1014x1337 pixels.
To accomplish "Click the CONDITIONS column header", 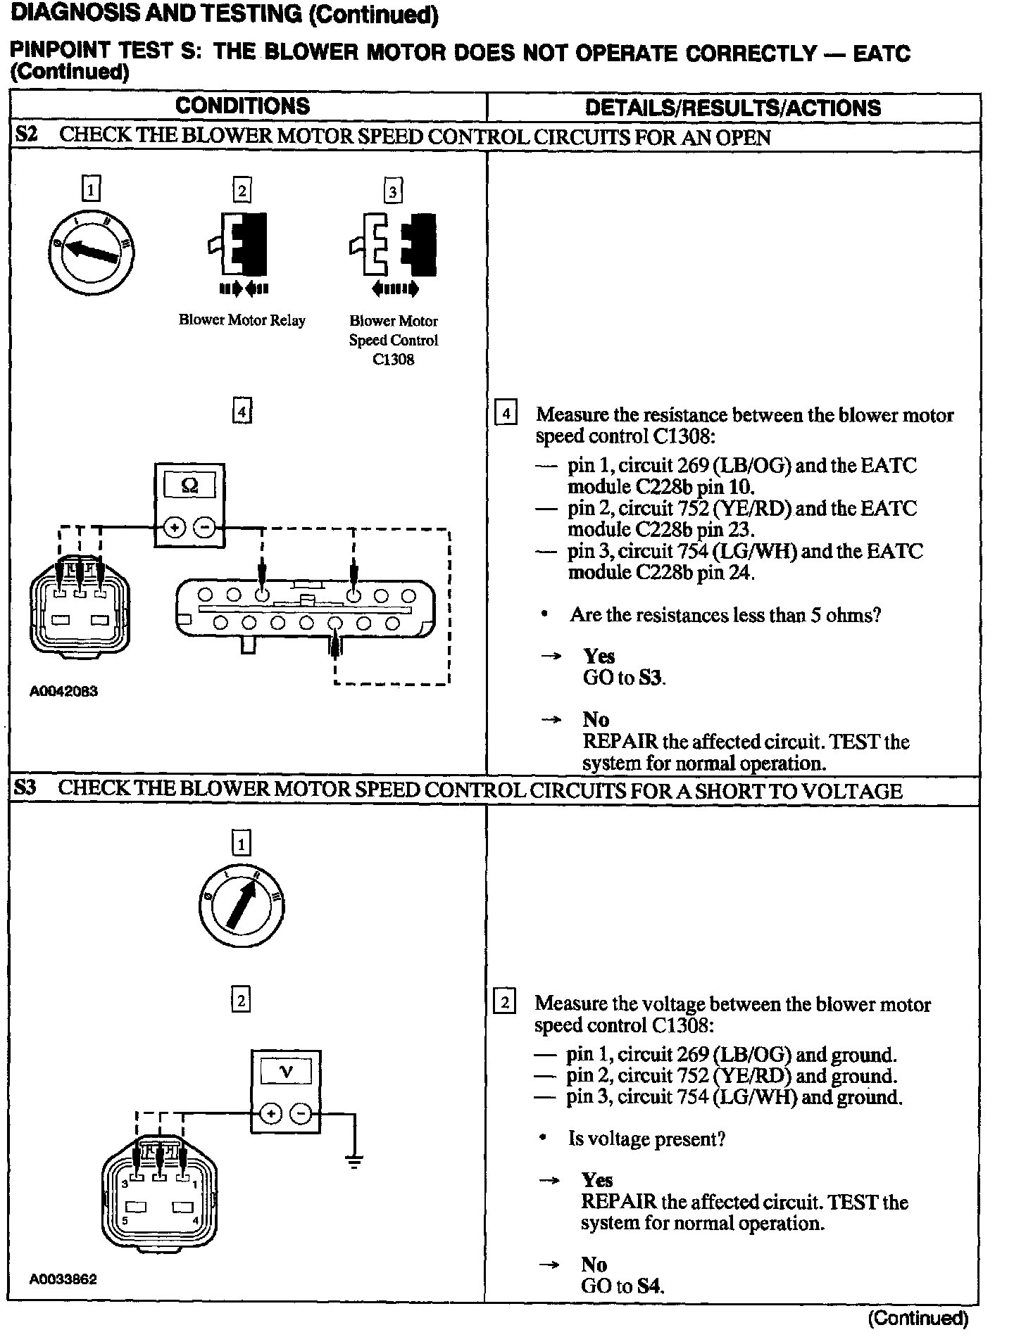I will point(242,106).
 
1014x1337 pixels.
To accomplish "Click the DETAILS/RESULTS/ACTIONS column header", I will point(732,108).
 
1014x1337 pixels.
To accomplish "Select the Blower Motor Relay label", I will point(242,321).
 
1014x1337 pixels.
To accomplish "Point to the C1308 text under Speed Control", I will point(393,360).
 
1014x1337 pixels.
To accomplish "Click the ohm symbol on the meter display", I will point(189,486).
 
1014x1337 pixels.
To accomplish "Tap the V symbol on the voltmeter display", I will point(286,1072).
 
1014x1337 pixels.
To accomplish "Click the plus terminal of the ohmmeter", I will point(175,527).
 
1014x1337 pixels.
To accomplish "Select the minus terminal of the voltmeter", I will point(301,1114).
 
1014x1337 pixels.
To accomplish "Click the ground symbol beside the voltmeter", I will point(354,1162).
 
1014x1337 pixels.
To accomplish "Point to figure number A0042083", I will point(63,692).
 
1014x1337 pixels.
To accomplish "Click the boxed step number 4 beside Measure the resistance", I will point(506,413).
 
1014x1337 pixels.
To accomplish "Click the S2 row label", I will point(26,135).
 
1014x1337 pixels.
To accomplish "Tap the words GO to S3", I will point(624,678).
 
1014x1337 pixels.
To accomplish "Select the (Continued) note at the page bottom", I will point(918,1318).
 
